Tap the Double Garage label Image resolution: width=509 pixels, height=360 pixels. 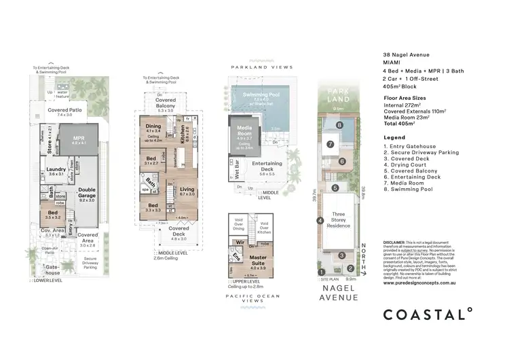tap(87, 192)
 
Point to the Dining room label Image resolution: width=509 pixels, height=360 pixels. tap(154, 127)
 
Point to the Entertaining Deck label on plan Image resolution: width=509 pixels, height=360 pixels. tap(267, 166)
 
